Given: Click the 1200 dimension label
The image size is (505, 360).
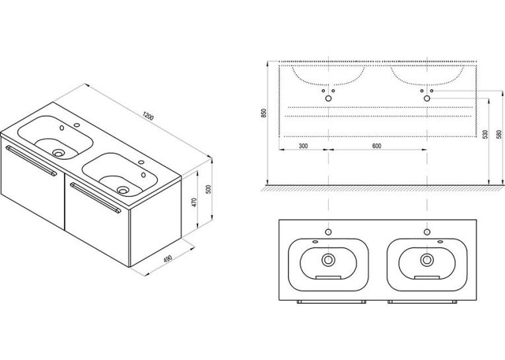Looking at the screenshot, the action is pyautogui.click(x=149, y=116).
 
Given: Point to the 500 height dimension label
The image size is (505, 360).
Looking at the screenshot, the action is pyautogui.click(x=208, y=189).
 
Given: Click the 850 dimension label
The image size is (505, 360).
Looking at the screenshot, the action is pyautogui.click(x=264, y=113).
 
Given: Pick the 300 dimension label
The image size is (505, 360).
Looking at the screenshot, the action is pyautogui.click(x=303, y=146).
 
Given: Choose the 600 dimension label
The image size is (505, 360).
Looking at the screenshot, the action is pyautogui.click(x=376, y=146).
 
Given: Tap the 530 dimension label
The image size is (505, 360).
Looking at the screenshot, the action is pyautogui.click(x=485, y=133).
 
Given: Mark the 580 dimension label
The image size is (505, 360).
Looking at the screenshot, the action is pyautogui.click(x=499, y=134).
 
